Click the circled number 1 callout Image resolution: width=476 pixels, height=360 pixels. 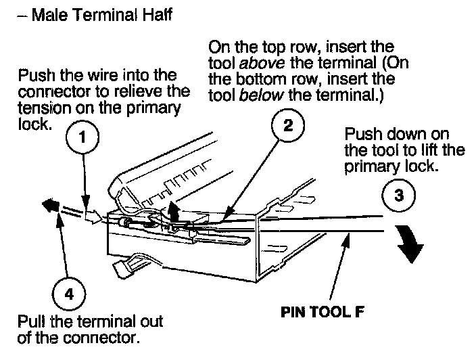[x=82, y=139]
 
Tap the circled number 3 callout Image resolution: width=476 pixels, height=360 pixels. [x=398, y=196]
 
